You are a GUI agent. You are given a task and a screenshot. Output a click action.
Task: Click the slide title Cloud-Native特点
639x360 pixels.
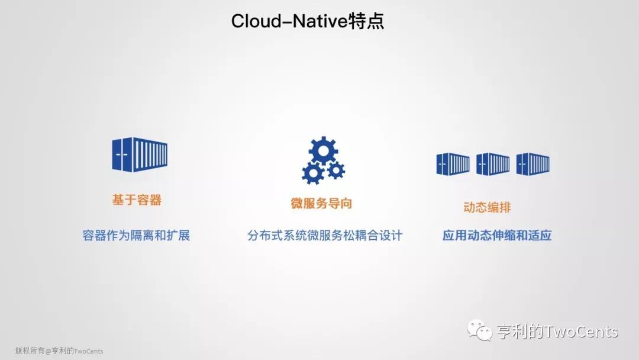pyautogui.click(x=308, y=21)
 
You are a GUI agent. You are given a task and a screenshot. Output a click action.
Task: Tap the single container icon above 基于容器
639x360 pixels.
pyautogui.click(x=140, y=155)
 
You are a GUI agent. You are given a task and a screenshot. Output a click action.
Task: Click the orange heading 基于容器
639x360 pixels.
pyautogui.click(x=137, y=200)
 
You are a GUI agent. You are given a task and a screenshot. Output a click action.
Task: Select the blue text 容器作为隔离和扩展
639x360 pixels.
pyautogui.click(x=136, y=235)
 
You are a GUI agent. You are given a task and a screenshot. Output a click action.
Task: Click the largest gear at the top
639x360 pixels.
pyautogui.click(x=323, y=150)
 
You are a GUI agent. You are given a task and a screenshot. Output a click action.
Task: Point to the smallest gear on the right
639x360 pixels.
pyautogui.click(x=336, y=170)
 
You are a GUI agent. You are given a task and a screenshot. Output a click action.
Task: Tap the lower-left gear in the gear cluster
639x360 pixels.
pyautogui.click(x=313, y=173)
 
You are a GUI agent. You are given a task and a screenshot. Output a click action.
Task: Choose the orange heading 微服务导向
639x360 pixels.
pyautogui.click(x=321, y=203)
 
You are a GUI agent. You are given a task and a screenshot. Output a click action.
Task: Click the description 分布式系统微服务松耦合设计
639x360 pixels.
pyautogui.click(x=325, y=235)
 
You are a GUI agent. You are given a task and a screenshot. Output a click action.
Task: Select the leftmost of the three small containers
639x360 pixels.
pyautogui.click(x=453, y=164)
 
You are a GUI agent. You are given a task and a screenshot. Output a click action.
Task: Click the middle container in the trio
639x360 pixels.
pyautogui.click(x=493, y=164)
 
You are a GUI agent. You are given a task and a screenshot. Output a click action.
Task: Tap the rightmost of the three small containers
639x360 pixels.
pyautogui.click(x=532, y=164)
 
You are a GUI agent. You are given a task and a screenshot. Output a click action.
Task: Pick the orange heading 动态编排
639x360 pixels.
pyautogui.click(x=487, y=207)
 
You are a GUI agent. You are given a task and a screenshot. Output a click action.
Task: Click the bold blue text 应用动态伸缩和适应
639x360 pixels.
pyautogui.click(x=497, y=235)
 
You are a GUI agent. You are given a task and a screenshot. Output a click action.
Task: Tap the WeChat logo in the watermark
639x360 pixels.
pyautogui.click(x=479, y=330)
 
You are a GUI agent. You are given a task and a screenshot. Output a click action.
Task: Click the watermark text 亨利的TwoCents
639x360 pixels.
pyautogui.click(x=557, y=332)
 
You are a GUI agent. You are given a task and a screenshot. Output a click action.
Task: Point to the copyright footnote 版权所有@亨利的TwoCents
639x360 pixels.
pyautogui.click(x=59, y=351)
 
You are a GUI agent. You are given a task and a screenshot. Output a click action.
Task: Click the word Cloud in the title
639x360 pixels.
pyautogui.click(x=256, y=21)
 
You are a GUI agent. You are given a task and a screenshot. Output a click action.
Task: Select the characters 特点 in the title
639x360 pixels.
pyautogui.click(x=367, y=21)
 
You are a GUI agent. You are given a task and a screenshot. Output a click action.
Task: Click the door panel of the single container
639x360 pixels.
pyautogui.click(x=122, y=155)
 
